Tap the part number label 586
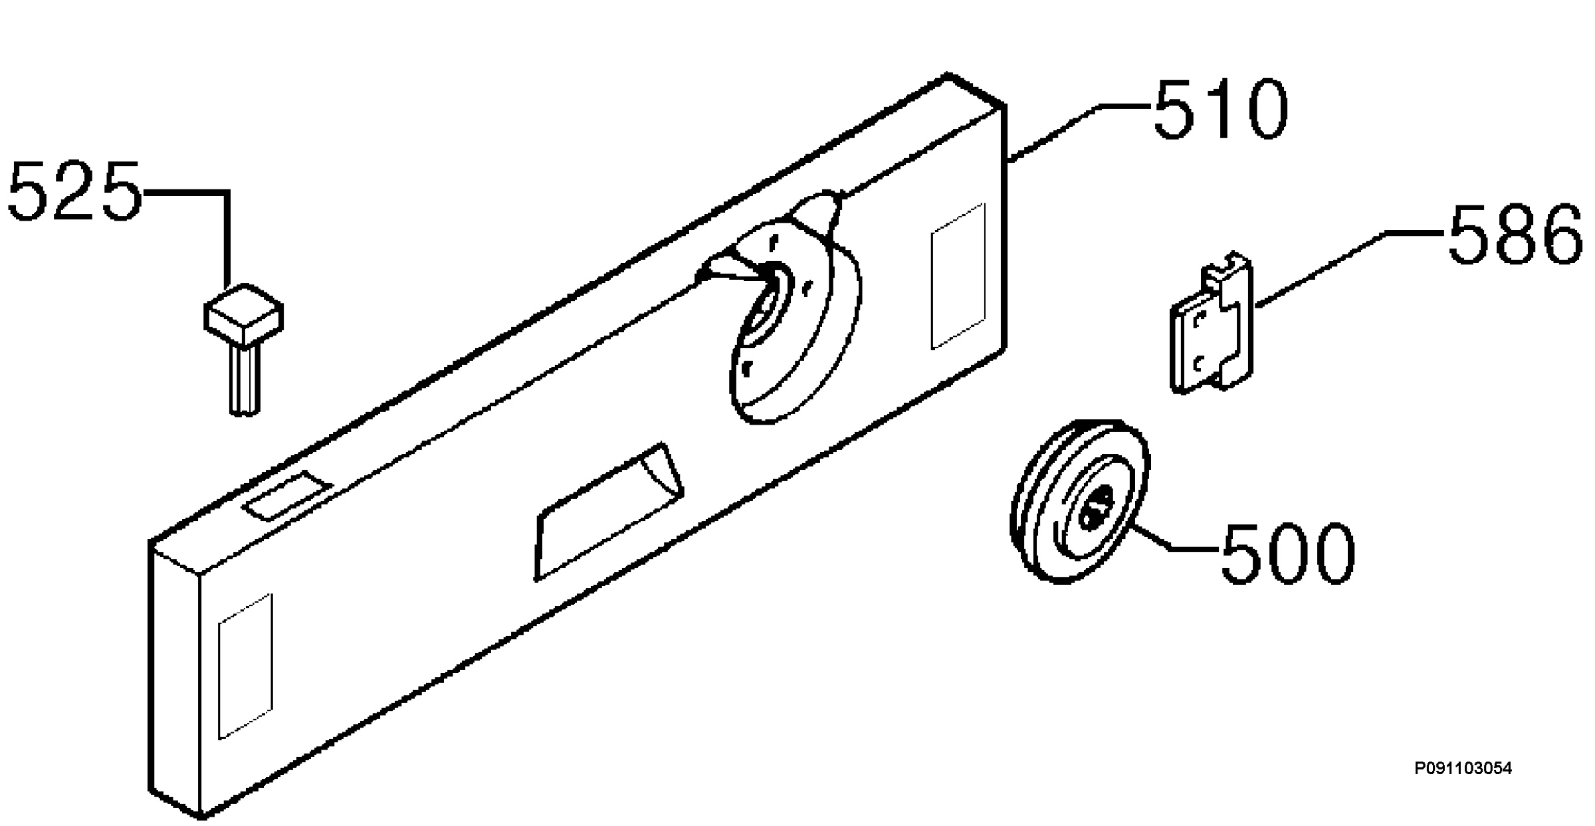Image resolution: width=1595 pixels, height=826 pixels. [x=1515, y=234]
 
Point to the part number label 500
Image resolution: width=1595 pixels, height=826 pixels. [x=1288, y=553]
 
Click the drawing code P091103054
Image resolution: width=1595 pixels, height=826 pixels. [x=1463, y=769]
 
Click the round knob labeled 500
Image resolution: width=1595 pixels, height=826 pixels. [x=1079, y=502]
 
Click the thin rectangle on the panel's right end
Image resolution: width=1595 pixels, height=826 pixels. [x=958, y=276]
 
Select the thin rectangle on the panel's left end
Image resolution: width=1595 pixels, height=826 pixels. [x=245, y=666]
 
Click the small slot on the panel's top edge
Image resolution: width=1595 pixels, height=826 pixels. [x=288, y=495]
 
